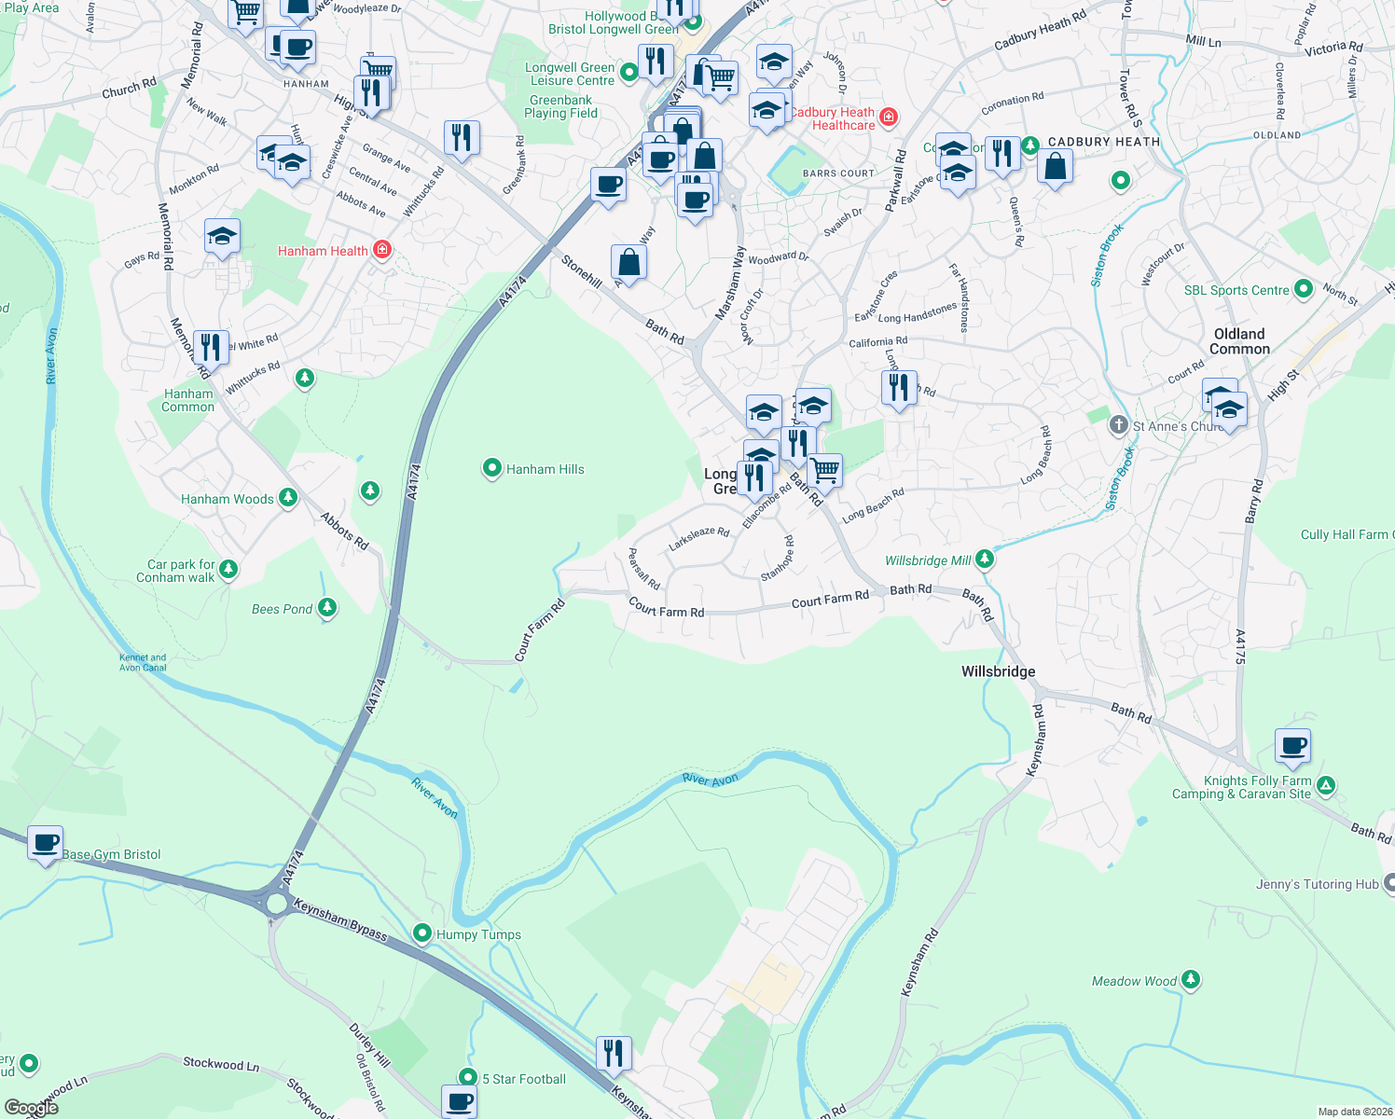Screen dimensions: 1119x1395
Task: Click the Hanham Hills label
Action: click(545, 469)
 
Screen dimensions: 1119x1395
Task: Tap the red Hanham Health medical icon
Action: click(381, 250)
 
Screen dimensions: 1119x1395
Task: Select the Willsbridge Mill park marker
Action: click(984, 559)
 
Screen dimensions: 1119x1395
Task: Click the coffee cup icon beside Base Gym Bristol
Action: click(46, 844)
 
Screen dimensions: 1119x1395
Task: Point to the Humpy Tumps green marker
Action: click(422, 933)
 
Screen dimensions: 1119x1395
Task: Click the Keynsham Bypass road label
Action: click(339, 919)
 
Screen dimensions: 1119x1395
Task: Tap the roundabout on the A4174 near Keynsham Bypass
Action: click(276, 903)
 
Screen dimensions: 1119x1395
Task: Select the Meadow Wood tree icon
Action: click(1190, 980)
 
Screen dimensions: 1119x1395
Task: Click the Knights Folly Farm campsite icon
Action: click(1326, 786)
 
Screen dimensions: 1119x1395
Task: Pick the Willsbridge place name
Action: click(998, 671)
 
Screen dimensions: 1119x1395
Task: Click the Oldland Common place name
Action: click(1239, 341)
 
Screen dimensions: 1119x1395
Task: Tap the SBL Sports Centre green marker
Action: click(1304, 290)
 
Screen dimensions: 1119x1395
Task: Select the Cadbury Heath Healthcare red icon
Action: click(889, 117)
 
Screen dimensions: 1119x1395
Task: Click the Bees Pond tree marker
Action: click(326, 608)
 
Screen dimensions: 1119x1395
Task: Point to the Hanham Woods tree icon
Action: click(288, 498)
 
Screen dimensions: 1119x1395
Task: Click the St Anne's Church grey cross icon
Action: click(1118, 426)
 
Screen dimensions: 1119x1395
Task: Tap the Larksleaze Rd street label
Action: click(698, 536)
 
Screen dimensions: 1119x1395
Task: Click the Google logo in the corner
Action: click(31, 1108)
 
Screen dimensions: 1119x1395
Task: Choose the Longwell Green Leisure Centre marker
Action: click(629, 72)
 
